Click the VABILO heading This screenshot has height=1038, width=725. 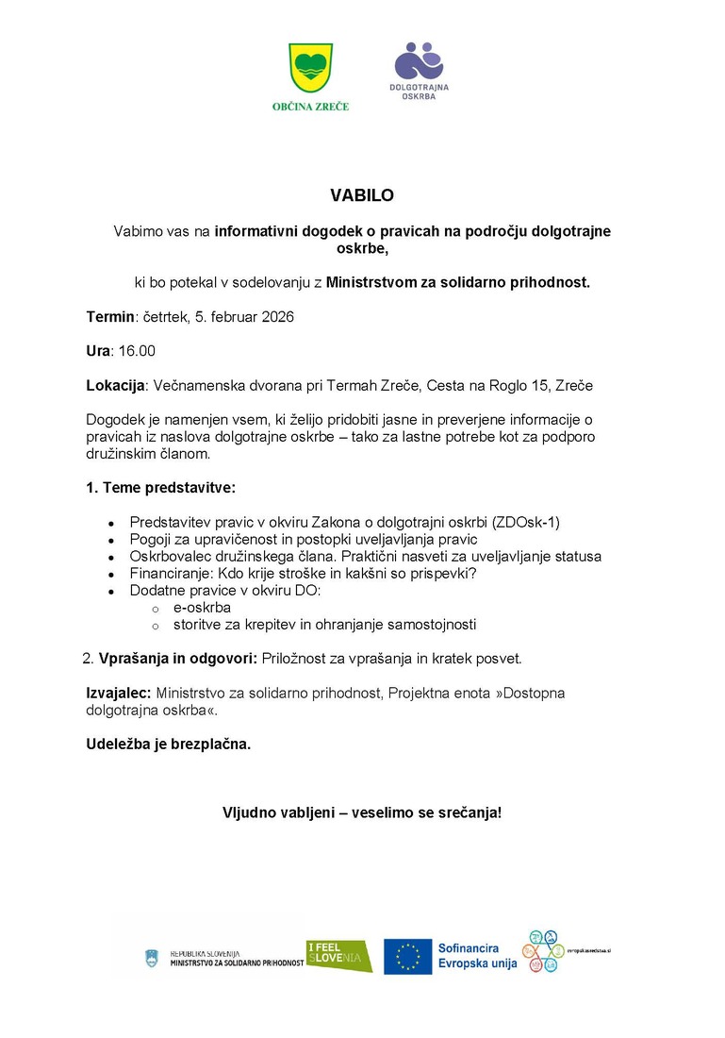click(x=362, y=196)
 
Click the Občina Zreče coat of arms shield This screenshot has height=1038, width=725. click(x=310, y=70)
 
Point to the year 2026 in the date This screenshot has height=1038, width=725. click(x=276, y=317)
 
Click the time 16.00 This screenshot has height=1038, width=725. click(x=137, y=351)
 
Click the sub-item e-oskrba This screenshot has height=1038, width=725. click(x=202, y=608)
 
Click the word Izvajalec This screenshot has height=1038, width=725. click(x=119, y=693)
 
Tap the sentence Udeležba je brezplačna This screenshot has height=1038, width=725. click(x=169, y=745)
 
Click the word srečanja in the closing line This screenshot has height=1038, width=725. click(x=468, y=812)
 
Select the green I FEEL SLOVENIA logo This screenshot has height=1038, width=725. click(x=338, y=956)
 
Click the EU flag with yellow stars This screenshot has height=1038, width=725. click(x=407, y=956)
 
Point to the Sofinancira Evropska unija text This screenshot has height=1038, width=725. click(x=477, y=956)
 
